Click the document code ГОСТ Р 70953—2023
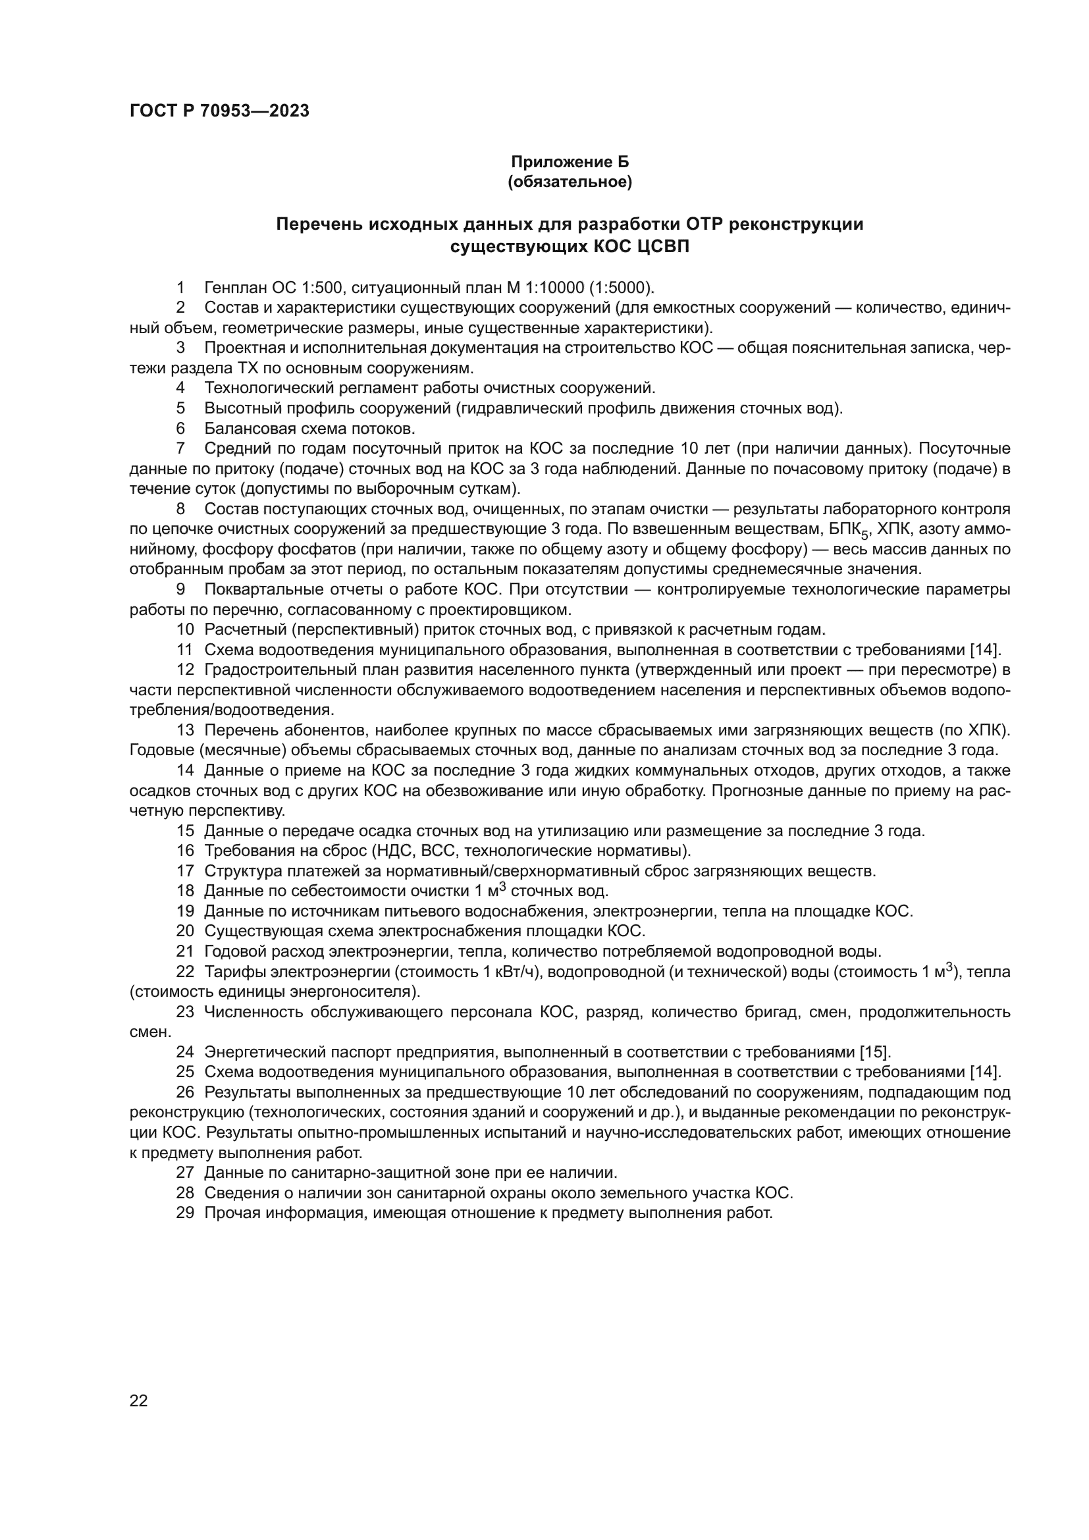coord(219,111)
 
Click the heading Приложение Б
coord(570,162)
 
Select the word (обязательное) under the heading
coord(570,182)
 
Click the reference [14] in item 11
coord(985,650)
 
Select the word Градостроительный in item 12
coord(278,670)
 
